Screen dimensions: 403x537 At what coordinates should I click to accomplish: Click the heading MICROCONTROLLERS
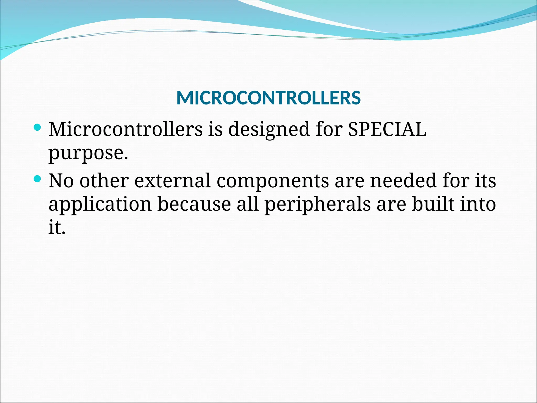tap(268, 98)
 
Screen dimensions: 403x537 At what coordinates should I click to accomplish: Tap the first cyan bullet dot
tap(38, 128)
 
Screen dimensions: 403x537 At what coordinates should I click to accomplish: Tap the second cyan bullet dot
tap(38, 179)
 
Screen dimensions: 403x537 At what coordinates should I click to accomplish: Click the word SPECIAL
tap(387, 129)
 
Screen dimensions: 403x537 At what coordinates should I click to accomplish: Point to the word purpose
tap(88, 153)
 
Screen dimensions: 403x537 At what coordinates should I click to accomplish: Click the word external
tap(173, 181)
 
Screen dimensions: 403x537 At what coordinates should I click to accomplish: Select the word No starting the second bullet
tap(61, 181)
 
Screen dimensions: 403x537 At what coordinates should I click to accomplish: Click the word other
tap(104, 181)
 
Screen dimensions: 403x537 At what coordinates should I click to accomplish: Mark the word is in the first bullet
tap(215, 129)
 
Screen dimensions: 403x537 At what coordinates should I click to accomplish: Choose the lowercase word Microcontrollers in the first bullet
tap(126, 129)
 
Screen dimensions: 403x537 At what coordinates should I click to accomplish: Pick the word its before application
tap(485, 181)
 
